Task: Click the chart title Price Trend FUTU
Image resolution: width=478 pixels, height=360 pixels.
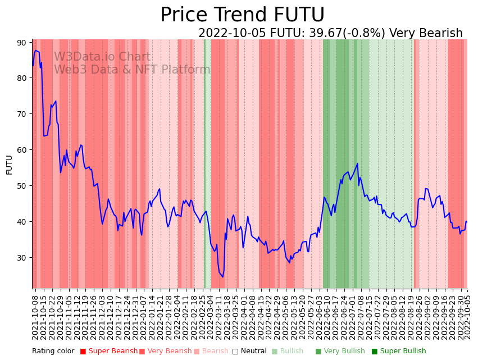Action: (242, 15)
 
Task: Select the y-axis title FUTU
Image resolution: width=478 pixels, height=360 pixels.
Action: (9, 165)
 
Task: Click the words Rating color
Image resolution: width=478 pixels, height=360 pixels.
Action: (53, 351)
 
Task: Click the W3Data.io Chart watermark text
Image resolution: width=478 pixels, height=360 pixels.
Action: (102, 57)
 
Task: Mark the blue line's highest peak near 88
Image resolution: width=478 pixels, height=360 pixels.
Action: (36, 51)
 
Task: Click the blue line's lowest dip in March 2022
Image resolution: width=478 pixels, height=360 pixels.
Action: (222, 276)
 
